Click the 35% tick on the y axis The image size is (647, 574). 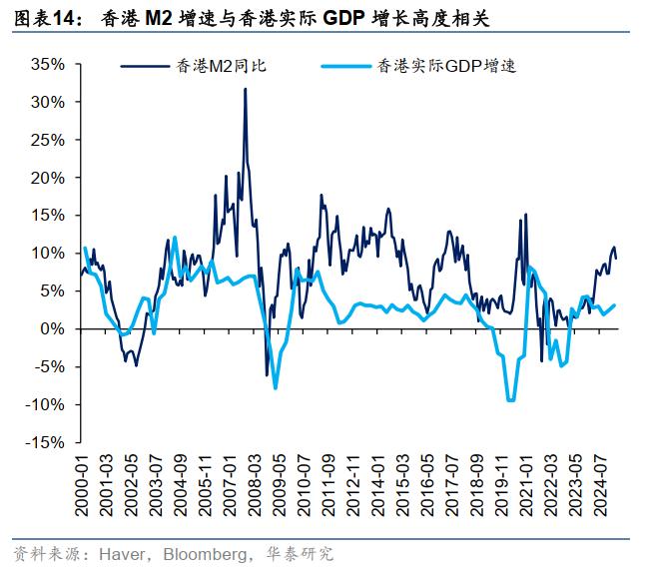48,65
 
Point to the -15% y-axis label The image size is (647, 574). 45,442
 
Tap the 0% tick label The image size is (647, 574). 52,328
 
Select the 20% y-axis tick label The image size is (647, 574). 48,178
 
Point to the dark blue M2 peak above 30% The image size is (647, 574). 246,90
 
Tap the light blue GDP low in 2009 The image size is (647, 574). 275,387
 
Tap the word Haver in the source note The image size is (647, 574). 118,552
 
